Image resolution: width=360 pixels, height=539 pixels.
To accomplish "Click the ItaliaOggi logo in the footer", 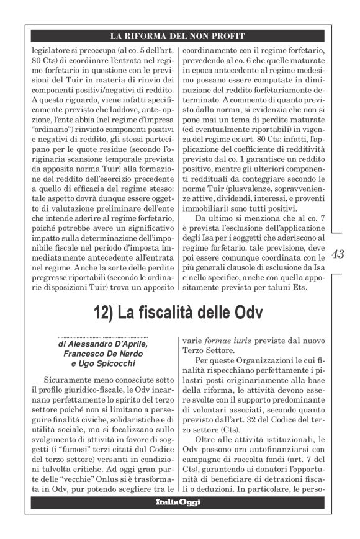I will pyautogui.click(x=179, y=501).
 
